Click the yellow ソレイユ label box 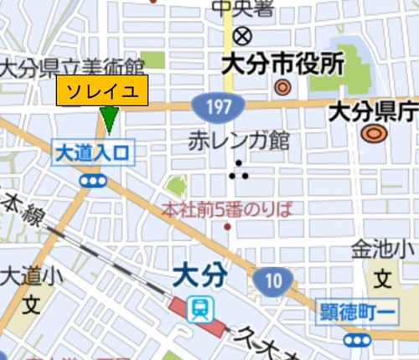click(102, 91)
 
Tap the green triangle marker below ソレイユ click(108, 120)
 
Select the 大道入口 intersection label click(93, 153)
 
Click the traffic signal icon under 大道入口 click(93, 180)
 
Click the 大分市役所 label click(282, 64)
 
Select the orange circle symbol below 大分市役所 click(282, 86)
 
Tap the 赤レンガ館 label click(239, 139)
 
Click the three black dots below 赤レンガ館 click(240, 170)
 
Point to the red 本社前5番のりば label click(227, 208)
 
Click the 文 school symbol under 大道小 click(30, 304)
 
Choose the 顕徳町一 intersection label click(354, 314)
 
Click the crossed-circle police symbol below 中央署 click(243, 36)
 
